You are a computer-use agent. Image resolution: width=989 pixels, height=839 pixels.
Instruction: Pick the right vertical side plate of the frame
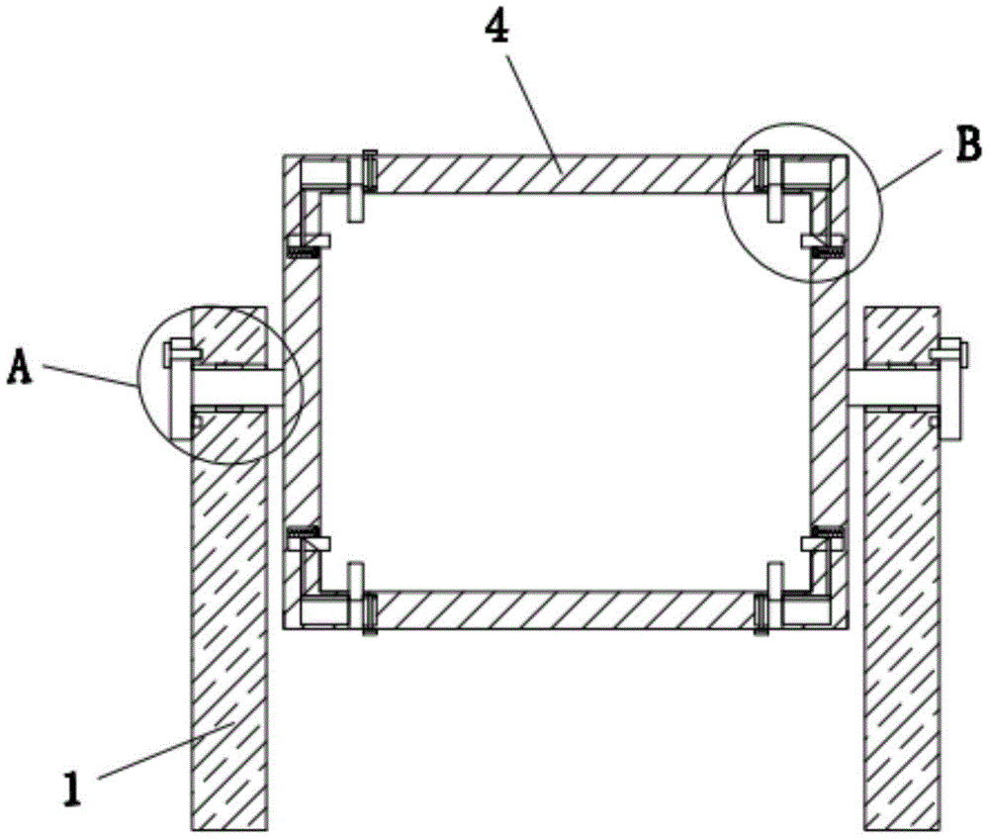[828, 396]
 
